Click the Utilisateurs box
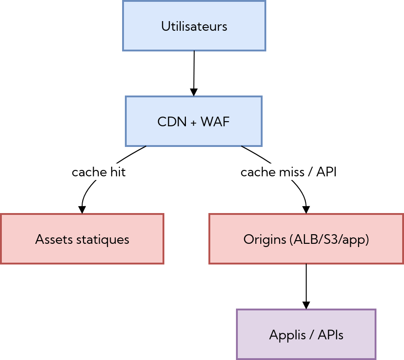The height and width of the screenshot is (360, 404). [x=194, y=26]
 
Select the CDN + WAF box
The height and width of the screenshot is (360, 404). [x=193, y=122]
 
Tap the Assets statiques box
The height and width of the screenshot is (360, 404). [x=82, y=239]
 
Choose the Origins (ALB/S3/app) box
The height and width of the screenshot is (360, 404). [x=306, y=239]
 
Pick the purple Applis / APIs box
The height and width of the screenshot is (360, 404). [x=306, y=335]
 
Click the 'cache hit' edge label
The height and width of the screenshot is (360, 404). [x=99, y=172]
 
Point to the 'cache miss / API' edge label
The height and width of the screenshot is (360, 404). [x=289, y=172]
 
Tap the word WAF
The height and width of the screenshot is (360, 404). [x=215, y=122]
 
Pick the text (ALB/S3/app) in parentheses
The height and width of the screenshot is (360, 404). [x=330, y=239]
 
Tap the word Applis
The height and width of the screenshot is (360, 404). [x=284, y=335]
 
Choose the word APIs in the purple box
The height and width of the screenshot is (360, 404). [x=330, y=335]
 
